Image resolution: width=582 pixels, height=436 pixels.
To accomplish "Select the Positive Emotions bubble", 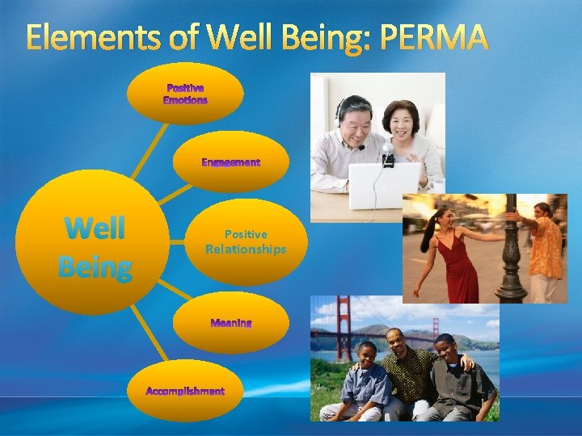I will point(185,94).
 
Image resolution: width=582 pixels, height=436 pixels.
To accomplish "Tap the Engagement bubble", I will point(231,162).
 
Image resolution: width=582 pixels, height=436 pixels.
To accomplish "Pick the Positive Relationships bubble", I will point(245,241).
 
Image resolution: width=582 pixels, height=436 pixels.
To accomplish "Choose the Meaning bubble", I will point(231,323).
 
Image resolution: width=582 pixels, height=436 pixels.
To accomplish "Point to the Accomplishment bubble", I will point(185,392).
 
